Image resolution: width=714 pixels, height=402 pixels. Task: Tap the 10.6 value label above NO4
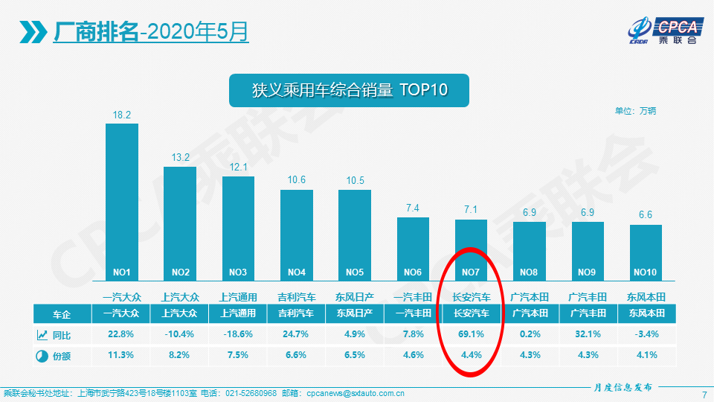click(297, 179)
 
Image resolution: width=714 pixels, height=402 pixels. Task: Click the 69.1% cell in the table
click(471, 334)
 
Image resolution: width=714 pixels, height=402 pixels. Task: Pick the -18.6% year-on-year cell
click(238, 334)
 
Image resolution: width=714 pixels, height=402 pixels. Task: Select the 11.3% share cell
click(122, 355)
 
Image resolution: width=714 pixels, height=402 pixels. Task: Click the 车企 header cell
click(62, 313)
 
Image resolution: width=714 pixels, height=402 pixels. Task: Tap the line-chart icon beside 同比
click(42, 334)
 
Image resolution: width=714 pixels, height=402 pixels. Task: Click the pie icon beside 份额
click(42, 355)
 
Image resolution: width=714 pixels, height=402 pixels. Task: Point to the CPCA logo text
click(675, 26)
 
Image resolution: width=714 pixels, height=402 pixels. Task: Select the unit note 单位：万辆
click(635, 111)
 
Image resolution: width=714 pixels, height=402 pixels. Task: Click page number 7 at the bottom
click(704, 394)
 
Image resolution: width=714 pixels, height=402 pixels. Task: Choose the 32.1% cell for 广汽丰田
click(587, 334)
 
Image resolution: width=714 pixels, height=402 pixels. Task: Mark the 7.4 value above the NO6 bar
click(413, 207)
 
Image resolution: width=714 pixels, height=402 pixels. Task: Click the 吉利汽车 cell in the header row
click(296, 313)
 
